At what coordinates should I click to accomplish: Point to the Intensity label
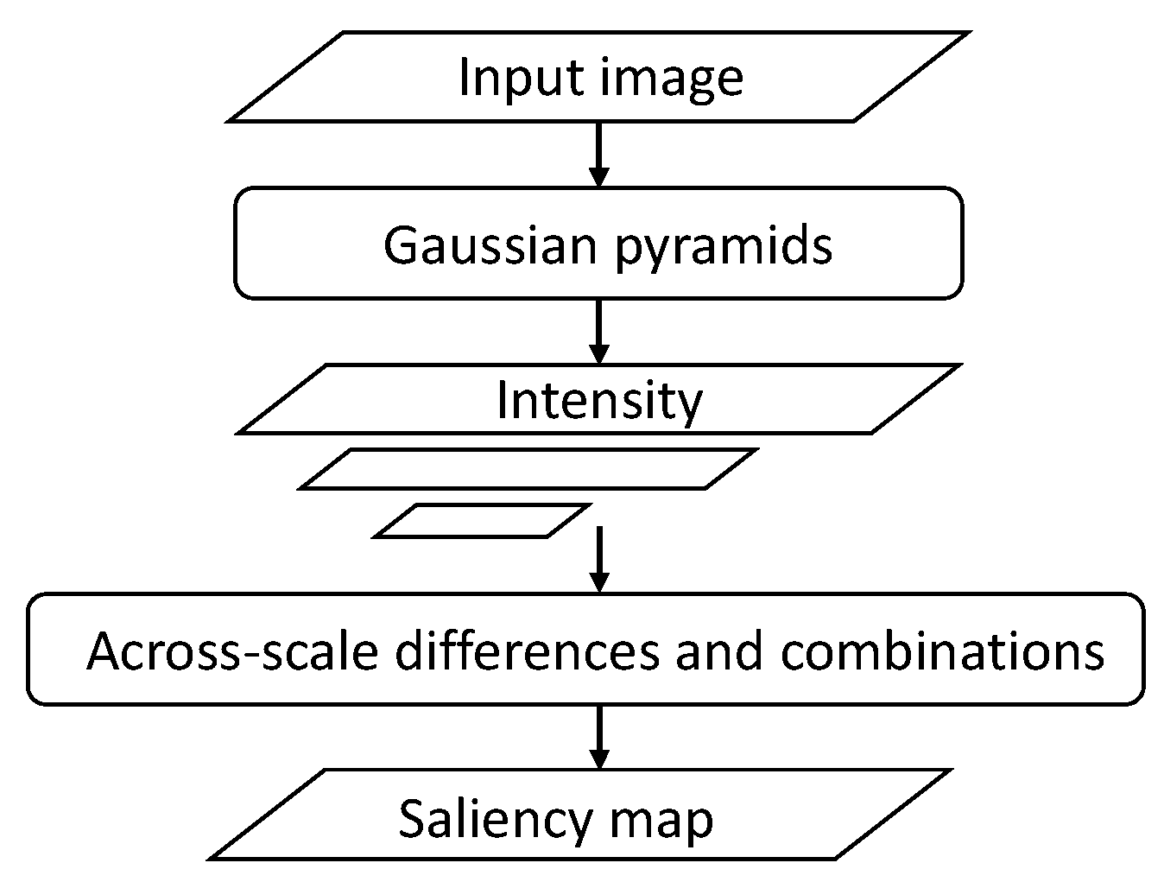[x=599, y=401]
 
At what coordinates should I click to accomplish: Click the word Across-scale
[x=232, y=650]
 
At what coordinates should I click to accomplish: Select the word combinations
[x=942, y=650]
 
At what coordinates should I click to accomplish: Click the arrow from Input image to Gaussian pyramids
[x=598, y=154]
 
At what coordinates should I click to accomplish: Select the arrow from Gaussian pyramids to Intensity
[x=598, y=331]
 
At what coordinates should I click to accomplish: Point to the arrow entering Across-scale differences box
[x=598, y=559]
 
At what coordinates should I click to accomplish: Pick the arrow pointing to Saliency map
[x=598, y=737]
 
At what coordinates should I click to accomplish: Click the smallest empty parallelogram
[x=483, y=521]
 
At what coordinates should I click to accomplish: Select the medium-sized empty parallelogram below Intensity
[x=528, y=469]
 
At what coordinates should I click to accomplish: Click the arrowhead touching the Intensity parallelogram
[x=598, y=354]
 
